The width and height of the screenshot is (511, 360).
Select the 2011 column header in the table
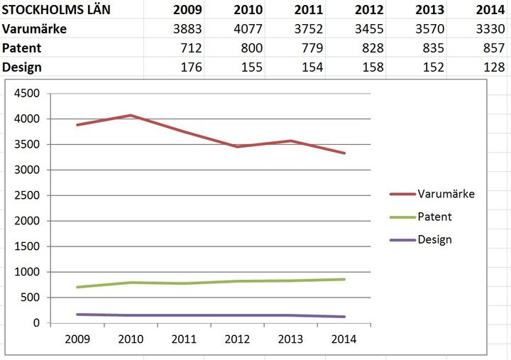tap(308, 10)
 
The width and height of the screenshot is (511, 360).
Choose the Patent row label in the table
tap(22, 48)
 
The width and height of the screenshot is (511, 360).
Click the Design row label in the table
tap(22, 67)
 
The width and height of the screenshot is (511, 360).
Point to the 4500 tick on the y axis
tap(27, 94)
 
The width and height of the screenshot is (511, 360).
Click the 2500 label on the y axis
tap(27, 196)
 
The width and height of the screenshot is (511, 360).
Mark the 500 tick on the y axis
tap(31, 298)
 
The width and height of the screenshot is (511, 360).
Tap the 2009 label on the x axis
tap(77, 339)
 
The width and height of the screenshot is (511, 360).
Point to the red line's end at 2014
tap(345, 153)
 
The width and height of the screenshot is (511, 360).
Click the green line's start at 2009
tap(77, 287)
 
